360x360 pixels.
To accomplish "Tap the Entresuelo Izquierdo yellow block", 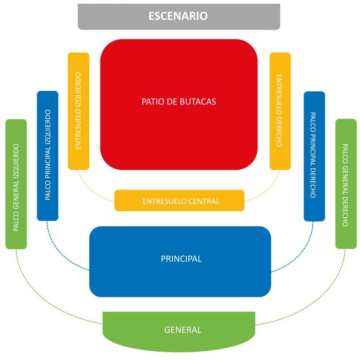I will pyautogui.click(x=78, y=111).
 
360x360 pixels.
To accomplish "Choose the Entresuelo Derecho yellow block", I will pyautogui.click(x=280, y=111).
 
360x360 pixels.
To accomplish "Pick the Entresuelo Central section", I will pyautogui.click(x=179, y=201).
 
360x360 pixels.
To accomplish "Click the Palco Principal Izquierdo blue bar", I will pyautogui.click(x=48, y=156).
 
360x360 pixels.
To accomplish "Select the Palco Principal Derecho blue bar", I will pyautogui.click(x=314, y=156).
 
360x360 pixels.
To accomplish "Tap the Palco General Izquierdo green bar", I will pyautogui.click(x=16, y=184).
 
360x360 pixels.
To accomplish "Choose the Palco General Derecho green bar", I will pyautogui.click(x=346, y=184).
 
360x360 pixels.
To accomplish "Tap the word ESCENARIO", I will pyautogui.click(x=178, y=16).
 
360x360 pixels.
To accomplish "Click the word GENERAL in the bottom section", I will pyautogui.click(x=183, y=330).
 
